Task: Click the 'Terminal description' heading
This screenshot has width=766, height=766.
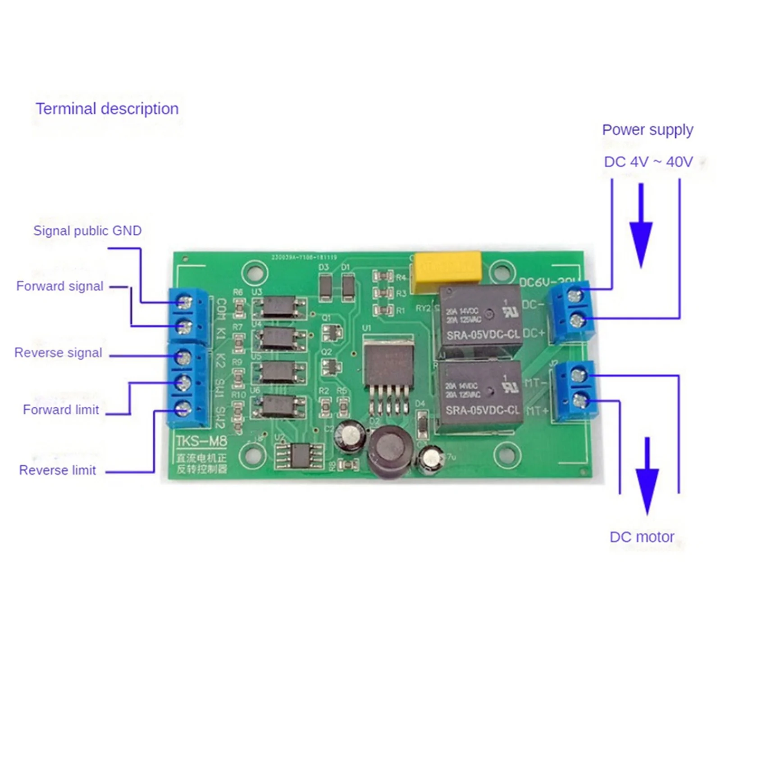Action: tap(107, 109)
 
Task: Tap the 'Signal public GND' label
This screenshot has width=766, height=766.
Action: tap(87, 231)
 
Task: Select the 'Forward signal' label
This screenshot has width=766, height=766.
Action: tap(59, 286)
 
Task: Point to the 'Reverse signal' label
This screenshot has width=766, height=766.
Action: tap(58, 353)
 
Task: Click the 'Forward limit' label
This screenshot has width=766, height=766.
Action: tap(61, 410)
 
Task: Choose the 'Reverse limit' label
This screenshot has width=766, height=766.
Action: tap(57, 470)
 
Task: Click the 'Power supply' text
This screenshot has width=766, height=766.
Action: tap(647, 130)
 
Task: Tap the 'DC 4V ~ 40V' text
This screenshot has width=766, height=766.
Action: tap(648, 162)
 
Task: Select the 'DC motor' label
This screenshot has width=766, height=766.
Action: tap(642, 537)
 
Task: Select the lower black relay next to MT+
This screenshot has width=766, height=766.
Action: tap(480, 393)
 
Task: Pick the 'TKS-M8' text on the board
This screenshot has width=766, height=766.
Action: tap(201, 441)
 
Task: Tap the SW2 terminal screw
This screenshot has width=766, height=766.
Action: tap(183, 409)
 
